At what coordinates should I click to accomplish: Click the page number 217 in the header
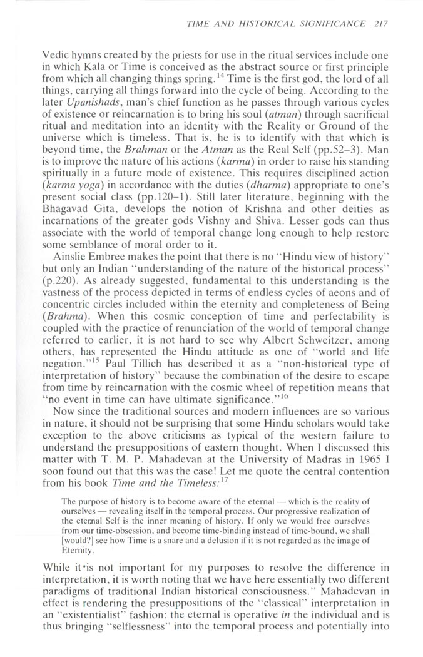coord(380,24)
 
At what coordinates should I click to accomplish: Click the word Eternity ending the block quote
coord(78,614)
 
